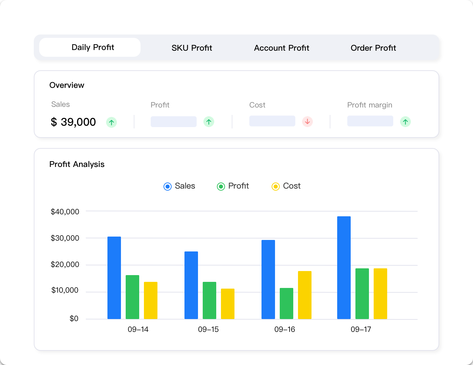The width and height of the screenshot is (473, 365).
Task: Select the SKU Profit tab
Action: point(192,48)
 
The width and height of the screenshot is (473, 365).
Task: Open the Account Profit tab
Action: point(281,48)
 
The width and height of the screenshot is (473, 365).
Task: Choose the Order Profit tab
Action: point(373,48)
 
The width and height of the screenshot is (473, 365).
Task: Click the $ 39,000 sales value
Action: point(73,122)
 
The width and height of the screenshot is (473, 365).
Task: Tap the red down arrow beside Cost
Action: point(307,122)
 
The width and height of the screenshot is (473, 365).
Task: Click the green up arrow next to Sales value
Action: point(111,122)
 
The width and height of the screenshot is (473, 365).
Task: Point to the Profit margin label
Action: point(370,105)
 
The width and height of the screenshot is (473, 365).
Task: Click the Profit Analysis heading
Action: point(77,164)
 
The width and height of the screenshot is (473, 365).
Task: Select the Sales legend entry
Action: point(179,186)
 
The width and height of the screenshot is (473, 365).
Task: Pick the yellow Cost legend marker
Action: point(276,187)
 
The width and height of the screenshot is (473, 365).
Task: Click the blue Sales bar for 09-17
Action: point(344,267)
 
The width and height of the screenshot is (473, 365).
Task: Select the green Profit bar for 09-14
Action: point(132,297)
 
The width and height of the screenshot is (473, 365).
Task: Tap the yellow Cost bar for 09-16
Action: point(304,295)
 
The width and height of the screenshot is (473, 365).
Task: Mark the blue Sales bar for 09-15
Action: point(191,285)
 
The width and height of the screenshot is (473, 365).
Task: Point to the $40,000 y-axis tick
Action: point(65,212)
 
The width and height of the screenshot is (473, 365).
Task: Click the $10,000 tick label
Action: point(65,290)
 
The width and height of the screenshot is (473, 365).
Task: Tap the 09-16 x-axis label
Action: point(284,330)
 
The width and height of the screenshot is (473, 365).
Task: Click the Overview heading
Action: point(67,85)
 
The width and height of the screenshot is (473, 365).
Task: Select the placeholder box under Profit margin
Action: point(370,121)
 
